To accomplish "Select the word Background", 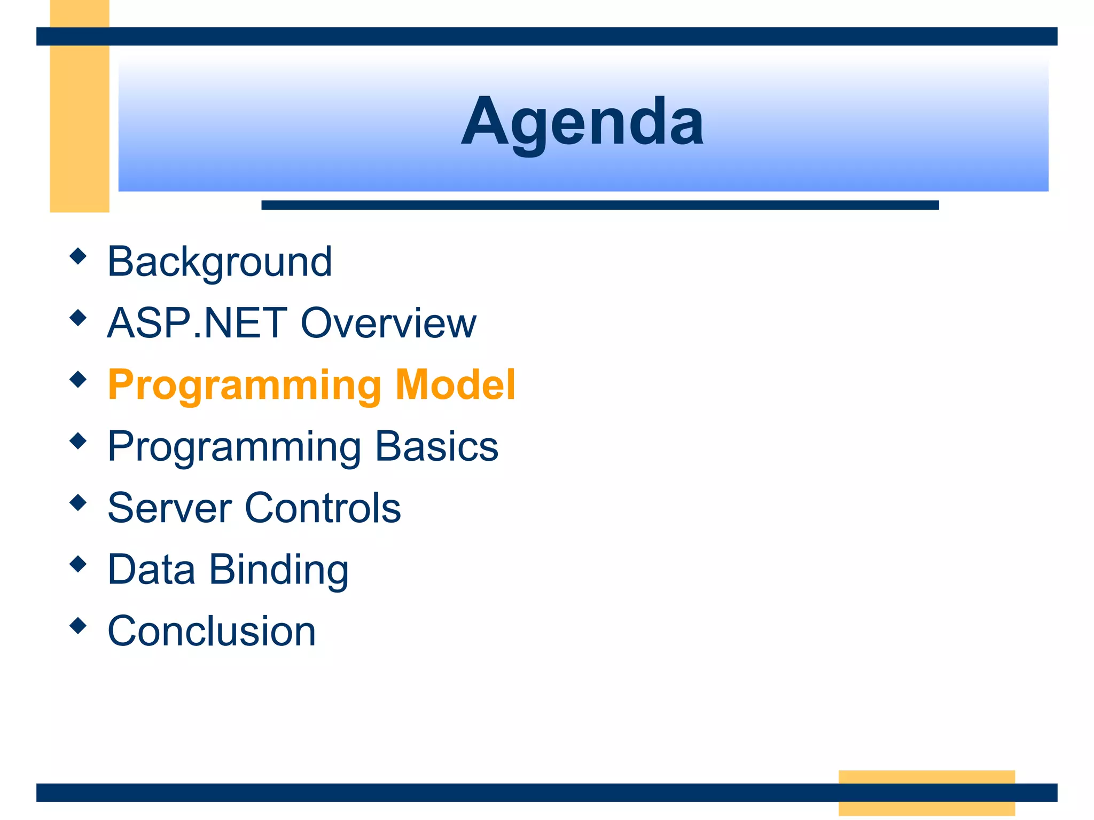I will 220,262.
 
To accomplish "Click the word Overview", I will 388,323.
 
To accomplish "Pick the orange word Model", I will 455,384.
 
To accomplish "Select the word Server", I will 169,508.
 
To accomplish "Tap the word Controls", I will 323,508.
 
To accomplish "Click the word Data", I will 151,569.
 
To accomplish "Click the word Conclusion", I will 212,631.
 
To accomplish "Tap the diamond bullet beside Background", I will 78,256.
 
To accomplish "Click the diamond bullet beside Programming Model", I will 78,380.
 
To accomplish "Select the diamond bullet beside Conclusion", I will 78,626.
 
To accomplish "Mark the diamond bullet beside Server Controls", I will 78,502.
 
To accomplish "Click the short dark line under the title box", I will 599,205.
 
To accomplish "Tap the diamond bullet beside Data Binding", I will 78,564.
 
